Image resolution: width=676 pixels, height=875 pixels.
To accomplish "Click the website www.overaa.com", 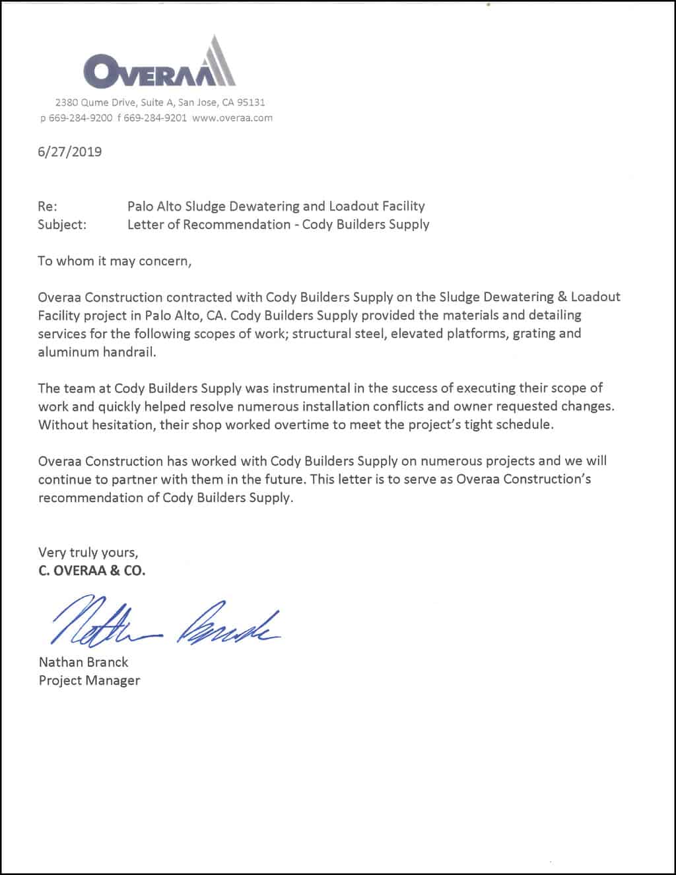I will [232, 118].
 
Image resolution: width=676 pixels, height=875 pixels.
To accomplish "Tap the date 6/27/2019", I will [70, 152].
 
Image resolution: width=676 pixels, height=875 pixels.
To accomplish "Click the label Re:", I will [48, 206].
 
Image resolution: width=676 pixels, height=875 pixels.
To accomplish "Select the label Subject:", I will [62, 225].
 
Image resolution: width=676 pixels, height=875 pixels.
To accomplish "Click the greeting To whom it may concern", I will [114, 261].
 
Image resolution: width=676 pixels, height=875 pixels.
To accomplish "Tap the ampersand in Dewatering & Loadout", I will [562, 297].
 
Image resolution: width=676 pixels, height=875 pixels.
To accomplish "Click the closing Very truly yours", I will [88, 552].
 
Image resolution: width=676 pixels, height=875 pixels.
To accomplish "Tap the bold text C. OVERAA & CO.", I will [92, 571].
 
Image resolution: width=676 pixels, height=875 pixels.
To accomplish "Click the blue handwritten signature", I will [165, 621].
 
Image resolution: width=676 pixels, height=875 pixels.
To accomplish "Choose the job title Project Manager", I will [89, 680].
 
